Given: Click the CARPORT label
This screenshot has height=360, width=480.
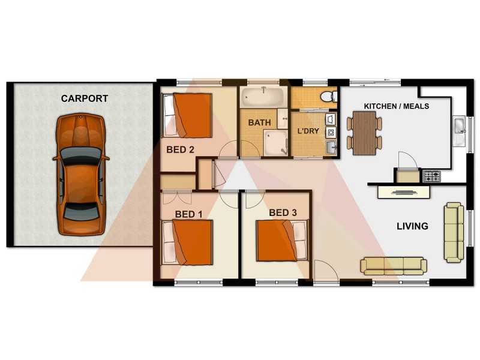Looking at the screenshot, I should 84,98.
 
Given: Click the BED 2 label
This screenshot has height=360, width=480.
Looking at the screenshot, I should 180,150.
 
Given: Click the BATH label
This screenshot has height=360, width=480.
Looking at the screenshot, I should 260,122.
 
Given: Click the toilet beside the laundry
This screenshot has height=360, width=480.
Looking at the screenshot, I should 328,97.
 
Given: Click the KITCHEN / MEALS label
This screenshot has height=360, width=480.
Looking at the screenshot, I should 389,106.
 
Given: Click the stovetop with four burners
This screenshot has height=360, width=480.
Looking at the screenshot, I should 432,176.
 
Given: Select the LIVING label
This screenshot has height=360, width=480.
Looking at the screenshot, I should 412,226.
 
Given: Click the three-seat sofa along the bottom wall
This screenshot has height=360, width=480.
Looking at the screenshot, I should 393,265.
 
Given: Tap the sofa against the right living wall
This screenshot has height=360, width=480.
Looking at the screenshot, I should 454,232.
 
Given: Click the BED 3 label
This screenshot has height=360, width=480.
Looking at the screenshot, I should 283,212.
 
